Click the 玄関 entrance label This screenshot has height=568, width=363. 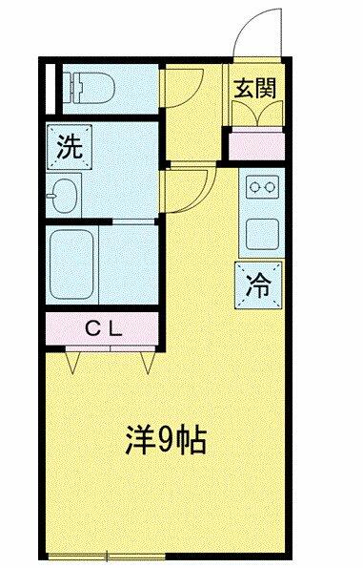point(254,89)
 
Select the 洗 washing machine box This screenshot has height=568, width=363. point(70,147)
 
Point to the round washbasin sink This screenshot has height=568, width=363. point(63,196)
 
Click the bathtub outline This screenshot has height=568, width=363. point(71,264)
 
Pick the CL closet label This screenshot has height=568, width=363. point(104,329)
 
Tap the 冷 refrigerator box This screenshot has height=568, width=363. point(258,285)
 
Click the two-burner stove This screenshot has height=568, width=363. point(263,187)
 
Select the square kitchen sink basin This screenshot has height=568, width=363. point(263,234)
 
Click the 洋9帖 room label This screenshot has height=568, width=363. point(166,440)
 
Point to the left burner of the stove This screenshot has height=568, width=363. point(255,187)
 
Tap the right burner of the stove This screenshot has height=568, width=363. point(270,187)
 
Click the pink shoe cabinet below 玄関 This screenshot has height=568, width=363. point(257,146)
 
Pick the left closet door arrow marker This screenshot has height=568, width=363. point(72,362)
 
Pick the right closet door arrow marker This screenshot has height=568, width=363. point(147,362)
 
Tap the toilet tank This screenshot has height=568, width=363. point(73,88)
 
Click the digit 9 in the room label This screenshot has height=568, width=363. point(164,440)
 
